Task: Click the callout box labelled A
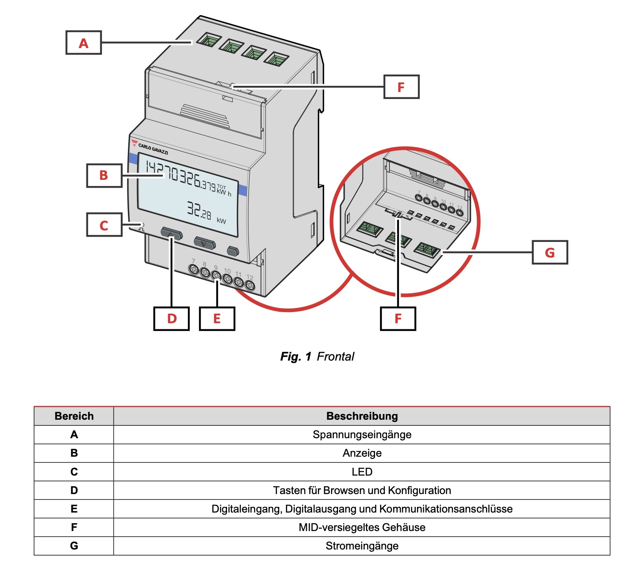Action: [83, 43]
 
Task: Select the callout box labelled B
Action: [104, 175]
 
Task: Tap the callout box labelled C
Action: [104, 225]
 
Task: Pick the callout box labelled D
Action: [171, 319]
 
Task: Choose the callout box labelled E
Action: [217, 319]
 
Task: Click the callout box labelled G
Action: [550, 252]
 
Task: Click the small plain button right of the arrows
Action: [233, 251]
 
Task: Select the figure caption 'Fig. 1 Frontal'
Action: [317, 356]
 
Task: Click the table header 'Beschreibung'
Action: [362, 416]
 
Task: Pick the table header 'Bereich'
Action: [74, 416]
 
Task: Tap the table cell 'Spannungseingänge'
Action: [362, 435]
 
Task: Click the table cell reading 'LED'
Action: [362, 472]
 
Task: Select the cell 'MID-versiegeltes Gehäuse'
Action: [362, 527]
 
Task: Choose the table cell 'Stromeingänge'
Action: [362, 546]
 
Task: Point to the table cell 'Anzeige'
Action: [362, 453]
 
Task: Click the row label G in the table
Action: [74, 546]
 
